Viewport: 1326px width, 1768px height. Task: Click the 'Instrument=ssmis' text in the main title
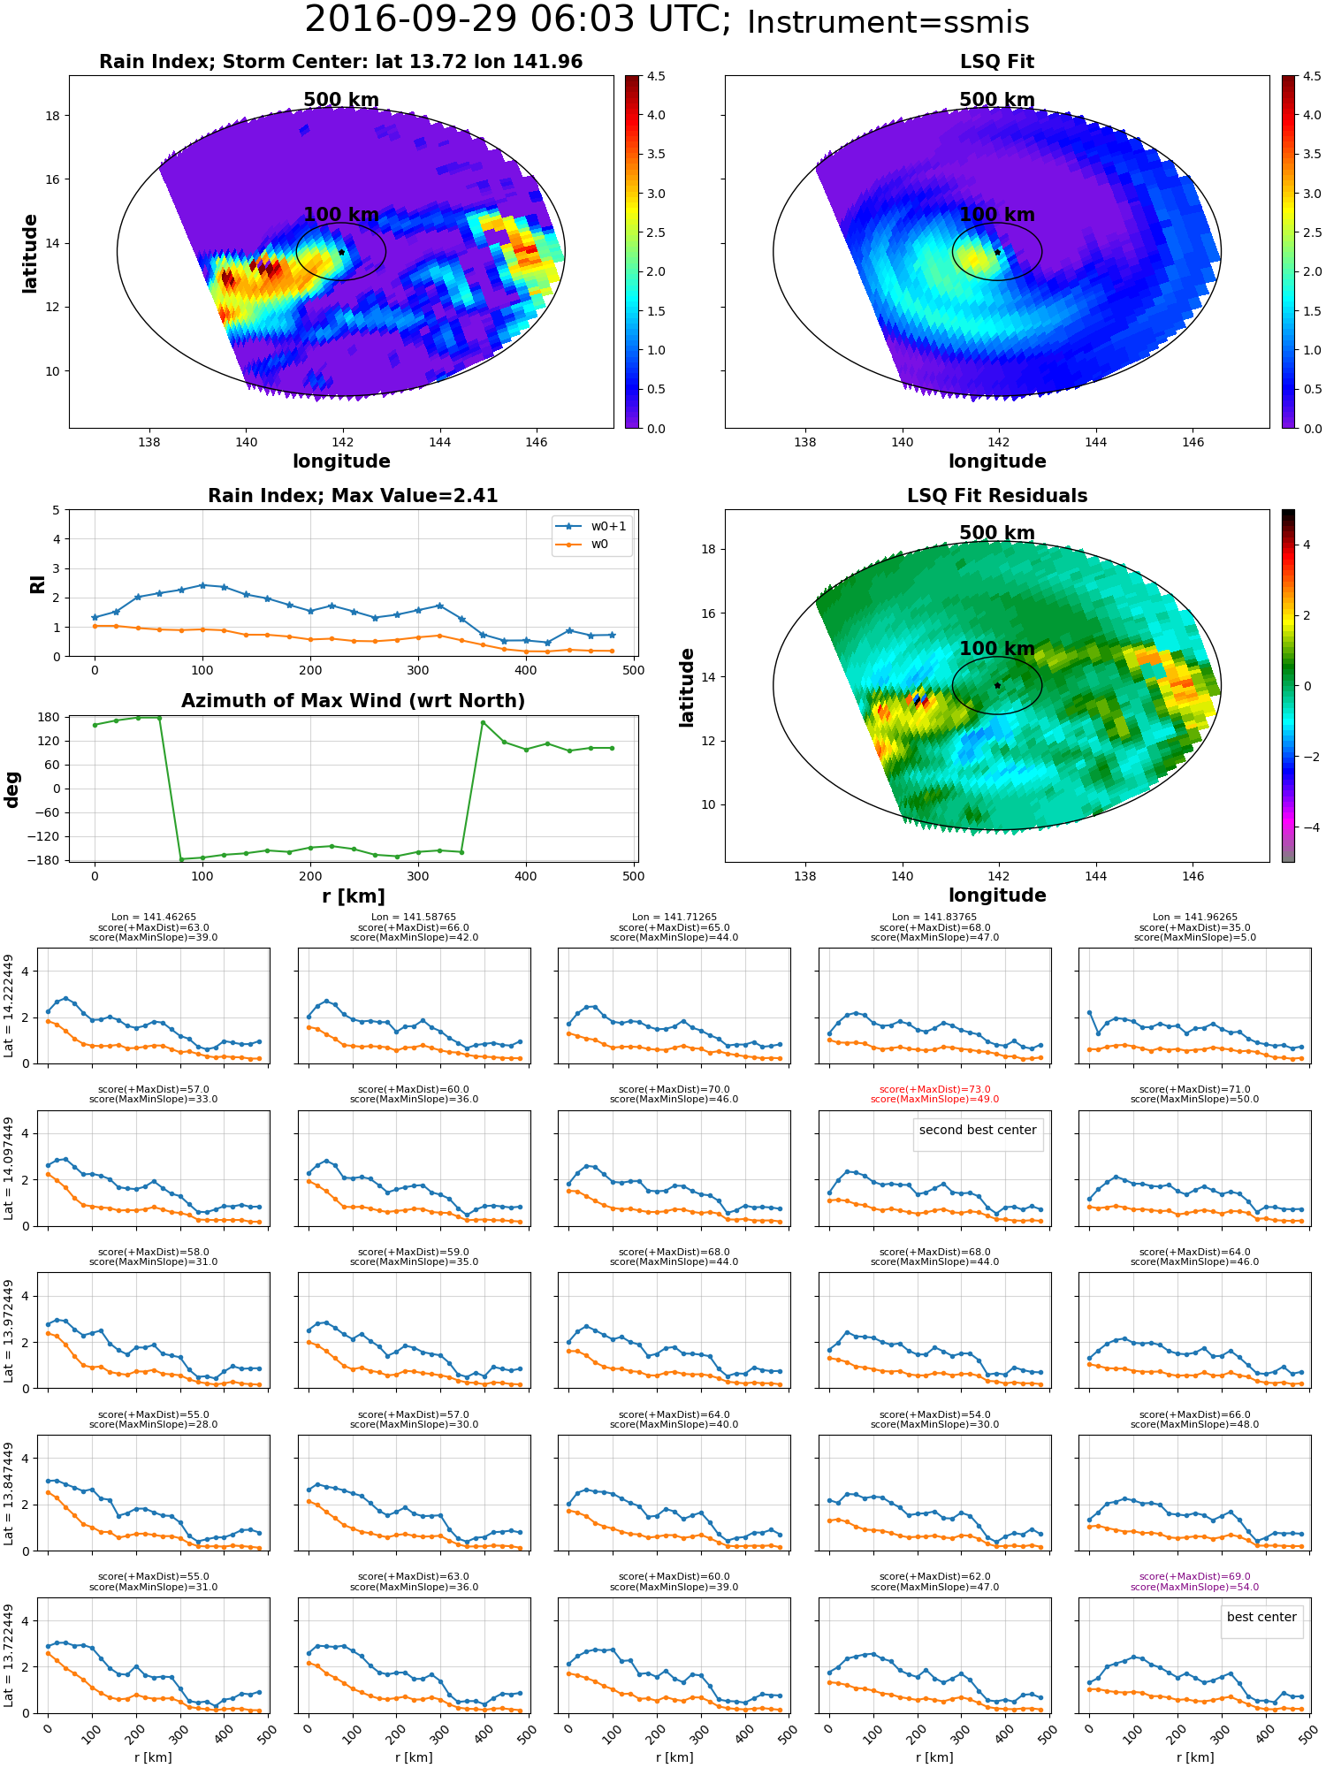(x=888, y=23)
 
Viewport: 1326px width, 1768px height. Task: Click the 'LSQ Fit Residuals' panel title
(x=996, y=496)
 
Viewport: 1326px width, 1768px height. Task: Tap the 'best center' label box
(x=1261, y=1617)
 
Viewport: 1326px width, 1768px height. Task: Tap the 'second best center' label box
(x=977, y=1130)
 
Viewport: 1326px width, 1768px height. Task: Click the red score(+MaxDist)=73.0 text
(x=934, y=1089)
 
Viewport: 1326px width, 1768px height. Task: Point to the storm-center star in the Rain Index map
(x=341, y=252)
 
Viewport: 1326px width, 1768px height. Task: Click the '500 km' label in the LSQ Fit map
(x=996, y=100)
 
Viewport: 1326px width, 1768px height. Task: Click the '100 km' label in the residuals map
(x=996, y=649)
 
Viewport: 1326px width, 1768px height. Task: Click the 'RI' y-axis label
(x=37, y=583)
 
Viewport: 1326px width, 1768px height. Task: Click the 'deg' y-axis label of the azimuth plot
(x=12, y=789)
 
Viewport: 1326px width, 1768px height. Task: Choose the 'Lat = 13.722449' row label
(x=9, y=1652)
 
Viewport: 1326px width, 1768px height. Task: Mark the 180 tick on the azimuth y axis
(x=50, y=717)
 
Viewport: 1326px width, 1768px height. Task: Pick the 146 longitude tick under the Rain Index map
(x=537, y=442)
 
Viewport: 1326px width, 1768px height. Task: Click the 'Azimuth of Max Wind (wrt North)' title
(x=353, y=701)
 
